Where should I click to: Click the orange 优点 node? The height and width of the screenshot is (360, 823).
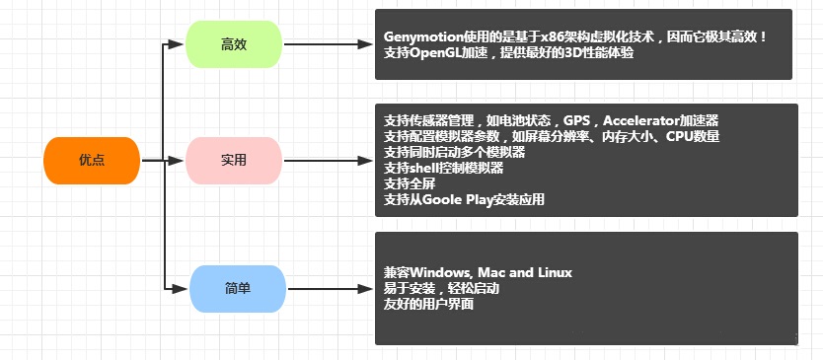click(92, 161)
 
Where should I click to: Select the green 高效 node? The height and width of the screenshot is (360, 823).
click(234, 44)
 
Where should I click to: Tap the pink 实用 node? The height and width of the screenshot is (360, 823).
click(234, 161)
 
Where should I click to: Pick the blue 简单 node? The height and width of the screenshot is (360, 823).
click(238, 289)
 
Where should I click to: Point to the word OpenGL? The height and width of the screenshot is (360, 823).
click(433, 53)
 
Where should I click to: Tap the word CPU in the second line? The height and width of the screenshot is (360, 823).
click(678, 137)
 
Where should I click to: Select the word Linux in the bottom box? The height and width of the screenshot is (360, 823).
click(556, 273)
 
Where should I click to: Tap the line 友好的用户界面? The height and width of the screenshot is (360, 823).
click(429, 305)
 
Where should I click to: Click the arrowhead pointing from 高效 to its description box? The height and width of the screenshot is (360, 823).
click(365, 44)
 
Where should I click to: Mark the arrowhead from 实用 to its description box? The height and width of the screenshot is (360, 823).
click(365, 161)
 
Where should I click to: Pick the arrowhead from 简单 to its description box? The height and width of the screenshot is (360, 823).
click(365, 289)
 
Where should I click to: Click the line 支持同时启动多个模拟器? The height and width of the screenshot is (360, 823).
click(455, 153)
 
